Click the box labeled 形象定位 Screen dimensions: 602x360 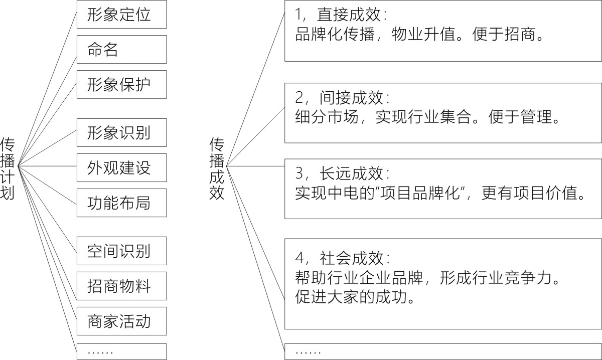coord(121,14)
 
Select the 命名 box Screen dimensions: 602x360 coord(121,50)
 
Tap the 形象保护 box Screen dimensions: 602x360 coord(121,85)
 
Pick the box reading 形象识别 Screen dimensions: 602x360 coord(121,133)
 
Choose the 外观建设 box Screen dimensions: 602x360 coord(121,167)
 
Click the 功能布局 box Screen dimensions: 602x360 coord(121,203)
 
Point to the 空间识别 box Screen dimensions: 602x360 coord(121,251)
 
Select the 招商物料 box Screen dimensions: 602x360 coord(121,286)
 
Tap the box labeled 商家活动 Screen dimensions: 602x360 coord(121,321)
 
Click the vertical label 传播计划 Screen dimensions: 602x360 coord(7,168)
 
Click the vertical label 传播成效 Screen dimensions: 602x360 coord(217,168)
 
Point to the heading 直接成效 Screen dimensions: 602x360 coord(349,15)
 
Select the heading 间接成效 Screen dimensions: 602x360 coord(352,98)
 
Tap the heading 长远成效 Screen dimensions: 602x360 coord(352,173)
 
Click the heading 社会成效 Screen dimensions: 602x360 coord(352,258)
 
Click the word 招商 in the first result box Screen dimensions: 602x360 coord(520,34)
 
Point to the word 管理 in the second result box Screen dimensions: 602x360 coord(536,117)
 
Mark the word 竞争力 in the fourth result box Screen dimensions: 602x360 coord(528,278)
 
